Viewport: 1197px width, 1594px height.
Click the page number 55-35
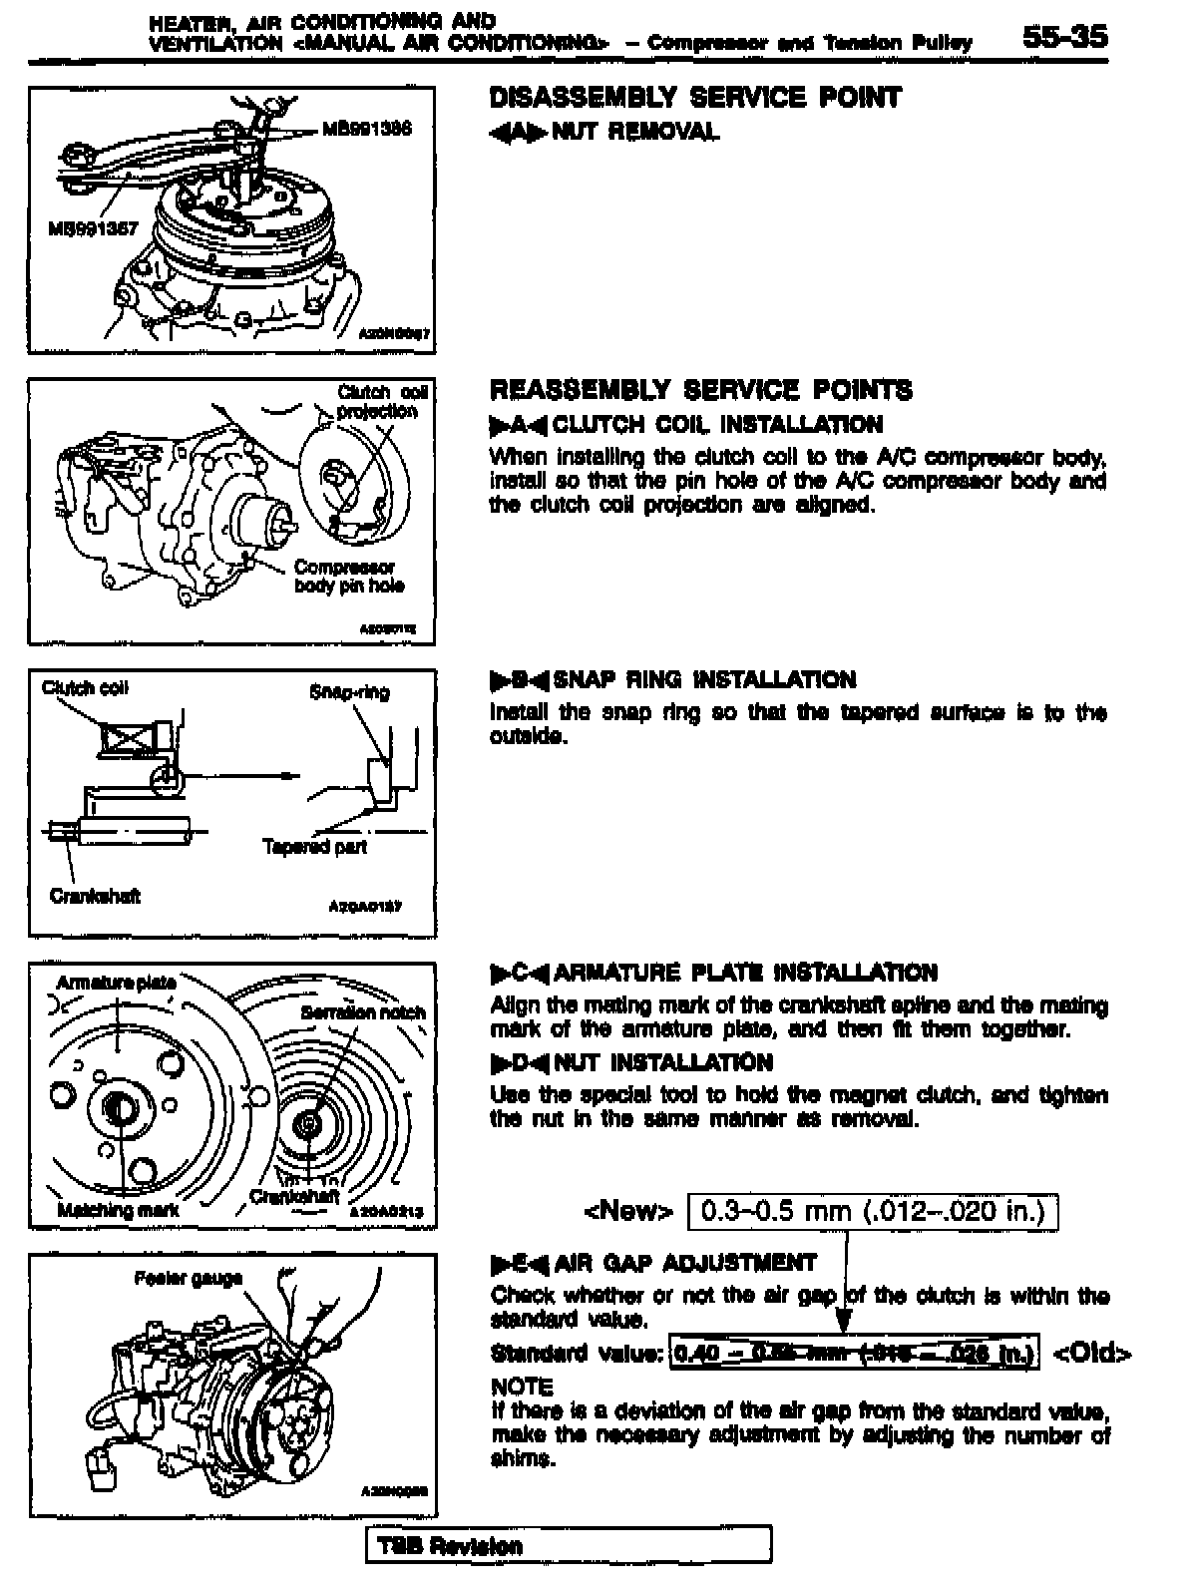[x=1063, y=37]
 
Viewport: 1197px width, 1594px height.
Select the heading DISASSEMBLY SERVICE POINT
[x=695, y=98]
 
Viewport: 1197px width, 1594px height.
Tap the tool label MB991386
[x=366, y=129]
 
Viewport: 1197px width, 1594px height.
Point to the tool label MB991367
[x=92, y=228]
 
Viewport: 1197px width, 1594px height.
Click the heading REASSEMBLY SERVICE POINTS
[x=700, y=390]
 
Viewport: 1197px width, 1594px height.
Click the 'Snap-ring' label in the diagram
[x=349, y=692]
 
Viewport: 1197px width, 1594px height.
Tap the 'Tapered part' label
[x=314, y=847]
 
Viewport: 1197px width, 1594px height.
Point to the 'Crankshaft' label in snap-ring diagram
[x=94, y=896]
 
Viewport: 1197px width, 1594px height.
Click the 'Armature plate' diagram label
[x=116, y=983]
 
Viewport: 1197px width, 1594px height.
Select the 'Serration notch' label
[x=362, y=1012]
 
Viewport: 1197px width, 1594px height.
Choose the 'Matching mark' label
[x=118, y=1210]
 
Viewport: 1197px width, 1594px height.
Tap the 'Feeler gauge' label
[x=189, y=1278]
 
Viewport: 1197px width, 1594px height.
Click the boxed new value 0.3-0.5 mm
[x=873, y=1211]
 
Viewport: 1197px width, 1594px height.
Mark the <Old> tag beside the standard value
[x=1091, y=1354]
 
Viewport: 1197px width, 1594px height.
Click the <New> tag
[x=628, y=1211]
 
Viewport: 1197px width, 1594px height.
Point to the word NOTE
[x=522, y=1387]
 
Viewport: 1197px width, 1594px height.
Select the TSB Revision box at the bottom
[x=569, y=1546]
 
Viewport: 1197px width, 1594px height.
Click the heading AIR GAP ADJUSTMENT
[x=684, y=1263]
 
